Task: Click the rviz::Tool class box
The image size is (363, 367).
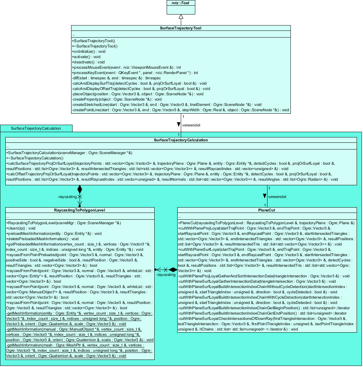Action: (x=181, y=7)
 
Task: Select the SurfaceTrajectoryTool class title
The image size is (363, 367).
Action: (x=181, y=28)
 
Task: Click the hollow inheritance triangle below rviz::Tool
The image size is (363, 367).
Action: (x=181, y=17)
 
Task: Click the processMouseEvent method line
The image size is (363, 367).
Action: (x=126, y=67)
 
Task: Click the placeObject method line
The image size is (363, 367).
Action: (x=138, y=94)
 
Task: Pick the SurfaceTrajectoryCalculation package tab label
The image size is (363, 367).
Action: (x=36, y=128)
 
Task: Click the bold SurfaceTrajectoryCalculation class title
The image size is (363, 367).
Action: (x=181, y=140)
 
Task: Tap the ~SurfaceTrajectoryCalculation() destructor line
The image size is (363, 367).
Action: (x=35, y=158)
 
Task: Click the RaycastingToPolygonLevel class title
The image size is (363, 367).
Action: (x=80, y=210)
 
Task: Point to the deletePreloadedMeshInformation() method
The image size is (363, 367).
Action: (x=42, y=239)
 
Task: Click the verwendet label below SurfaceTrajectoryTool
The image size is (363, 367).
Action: (x=191, y=125)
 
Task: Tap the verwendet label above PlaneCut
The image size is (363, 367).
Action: (x=277, y=196)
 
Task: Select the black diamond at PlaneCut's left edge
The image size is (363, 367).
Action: (x=173, y=270)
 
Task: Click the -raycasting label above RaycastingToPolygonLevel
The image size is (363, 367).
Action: (x=67, y=196)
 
